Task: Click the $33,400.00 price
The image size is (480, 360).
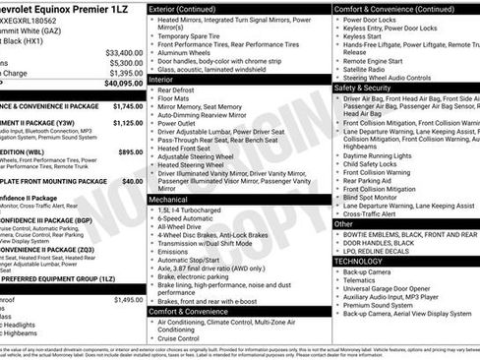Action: pos(122,52)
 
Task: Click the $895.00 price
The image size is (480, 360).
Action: pos(130,151)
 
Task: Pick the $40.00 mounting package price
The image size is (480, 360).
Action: pos(132,181)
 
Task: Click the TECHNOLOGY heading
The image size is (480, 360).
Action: pos(358,261)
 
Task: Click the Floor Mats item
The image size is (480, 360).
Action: pos(174,98)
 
